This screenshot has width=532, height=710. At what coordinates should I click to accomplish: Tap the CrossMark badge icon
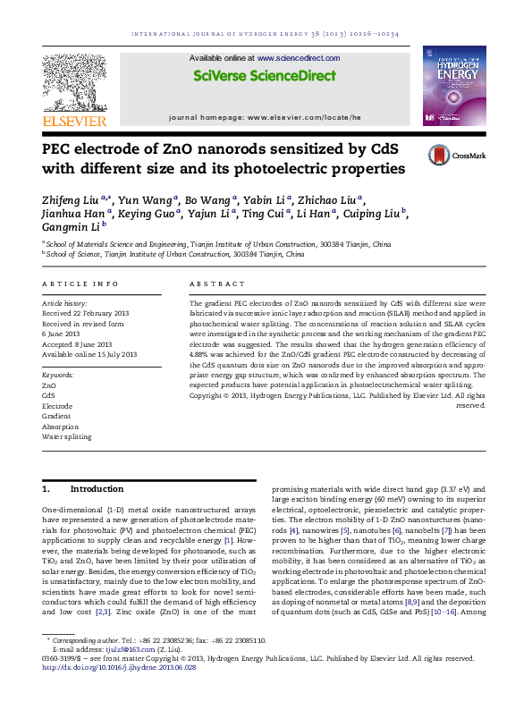(439, 154)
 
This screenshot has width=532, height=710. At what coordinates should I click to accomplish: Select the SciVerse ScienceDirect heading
(266, 77)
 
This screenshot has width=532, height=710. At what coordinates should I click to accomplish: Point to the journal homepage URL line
(265, 117)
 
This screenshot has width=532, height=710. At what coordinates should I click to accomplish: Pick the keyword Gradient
(56, 415)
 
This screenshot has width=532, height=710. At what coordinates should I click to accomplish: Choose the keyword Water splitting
(67, 436)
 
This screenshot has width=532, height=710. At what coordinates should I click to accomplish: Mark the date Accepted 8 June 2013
(77, 343)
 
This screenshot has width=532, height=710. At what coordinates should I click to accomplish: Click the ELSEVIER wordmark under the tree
(75, 120)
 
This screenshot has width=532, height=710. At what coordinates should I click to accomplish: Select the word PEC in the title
(59, 149)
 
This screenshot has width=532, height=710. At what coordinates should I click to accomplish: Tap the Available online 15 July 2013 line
(89, 354)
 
